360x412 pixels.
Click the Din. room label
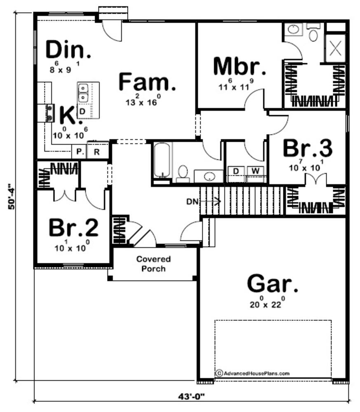68,49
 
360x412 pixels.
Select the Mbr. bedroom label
239,66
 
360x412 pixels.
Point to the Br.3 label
307,148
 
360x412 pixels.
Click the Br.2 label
74,227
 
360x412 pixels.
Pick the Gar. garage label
273,283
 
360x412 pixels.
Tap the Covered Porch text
154,264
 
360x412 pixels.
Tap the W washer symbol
255,171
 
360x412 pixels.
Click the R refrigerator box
97,151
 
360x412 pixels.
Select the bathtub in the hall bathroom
162,160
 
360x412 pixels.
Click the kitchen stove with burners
49,113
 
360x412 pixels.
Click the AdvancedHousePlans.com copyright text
252,373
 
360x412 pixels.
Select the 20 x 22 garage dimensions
267,302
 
